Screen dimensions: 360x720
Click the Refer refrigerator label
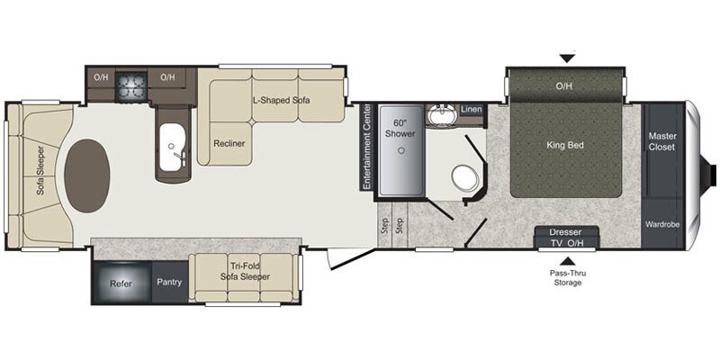click(121, 283)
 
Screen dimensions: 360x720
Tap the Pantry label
click(168, 283)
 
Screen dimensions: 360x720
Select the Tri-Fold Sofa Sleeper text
click(246, 271)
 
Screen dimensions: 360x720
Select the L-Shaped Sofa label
click(281, 100)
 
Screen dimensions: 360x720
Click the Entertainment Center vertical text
click(366, 148)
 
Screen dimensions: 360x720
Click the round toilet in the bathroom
click(464, 175)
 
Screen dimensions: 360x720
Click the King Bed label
click(566, 143)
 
